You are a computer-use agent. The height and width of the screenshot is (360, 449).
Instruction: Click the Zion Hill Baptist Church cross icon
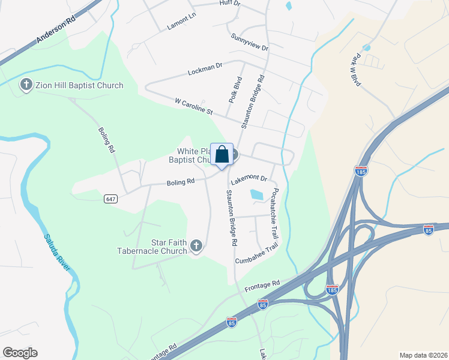26,85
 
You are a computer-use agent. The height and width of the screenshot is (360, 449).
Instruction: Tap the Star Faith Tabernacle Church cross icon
196,245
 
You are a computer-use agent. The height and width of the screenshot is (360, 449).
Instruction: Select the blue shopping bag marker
221,155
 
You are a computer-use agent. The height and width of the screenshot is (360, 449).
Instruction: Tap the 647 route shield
109,198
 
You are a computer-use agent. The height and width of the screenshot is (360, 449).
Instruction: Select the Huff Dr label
231,4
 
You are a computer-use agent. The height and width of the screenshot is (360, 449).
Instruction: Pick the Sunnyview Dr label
249,42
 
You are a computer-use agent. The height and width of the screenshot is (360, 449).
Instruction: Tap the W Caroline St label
193,106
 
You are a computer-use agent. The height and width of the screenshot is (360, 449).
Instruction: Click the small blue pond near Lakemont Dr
256,194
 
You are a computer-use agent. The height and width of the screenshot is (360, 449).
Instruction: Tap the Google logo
20,353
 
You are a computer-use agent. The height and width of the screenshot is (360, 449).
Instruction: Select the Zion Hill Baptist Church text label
79,85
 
